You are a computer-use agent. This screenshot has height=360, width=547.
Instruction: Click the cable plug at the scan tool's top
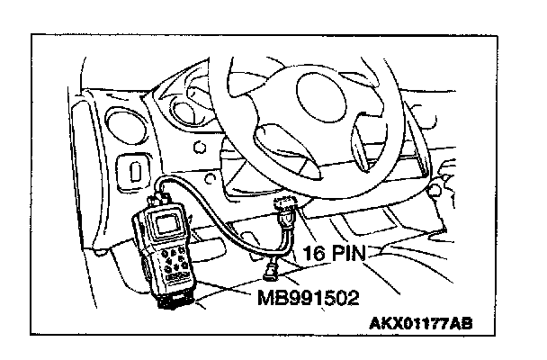(162, 193)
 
